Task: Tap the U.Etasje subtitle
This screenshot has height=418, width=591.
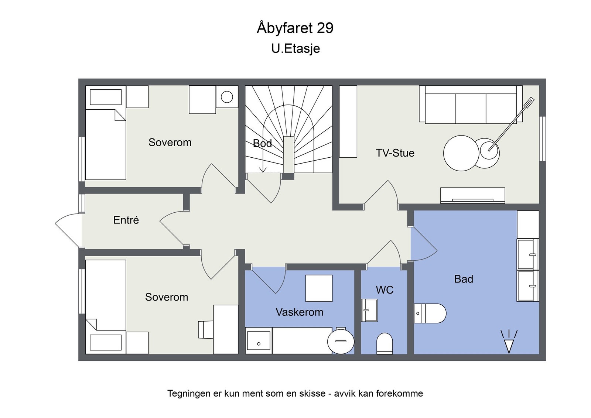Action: pos(295,49)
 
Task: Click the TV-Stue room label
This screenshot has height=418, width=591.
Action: pos(395,153)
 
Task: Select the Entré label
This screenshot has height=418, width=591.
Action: pos(126,220)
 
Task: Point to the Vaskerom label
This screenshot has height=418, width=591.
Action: pos(300,312)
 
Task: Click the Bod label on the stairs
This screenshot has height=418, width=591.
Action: pos(262,143)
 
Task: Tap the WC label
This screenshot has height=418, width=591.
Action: pos(385,290)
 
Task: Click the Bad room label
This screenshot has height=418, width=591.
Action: pos(464,279)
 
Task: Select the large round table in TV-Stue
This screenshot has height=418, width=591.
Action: pos(461,153)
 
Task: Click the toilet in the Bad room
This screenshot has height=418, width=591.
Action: pos(430,313)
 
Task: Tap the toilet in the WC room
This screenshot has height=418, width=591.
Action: pos(385,343)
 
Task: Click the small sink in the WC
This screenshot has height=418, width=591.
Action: pos(369,310)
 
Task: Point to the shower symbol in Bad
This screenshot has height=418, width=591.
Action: pos(509,342)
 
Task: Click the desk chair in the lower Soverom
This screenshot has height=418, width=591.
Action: pos(206,329)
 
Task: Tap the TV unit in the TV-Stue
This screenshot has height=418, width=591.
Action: pos(473,195)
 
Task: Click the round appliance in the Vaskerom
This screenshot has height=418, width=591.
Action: pos(341,341)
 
